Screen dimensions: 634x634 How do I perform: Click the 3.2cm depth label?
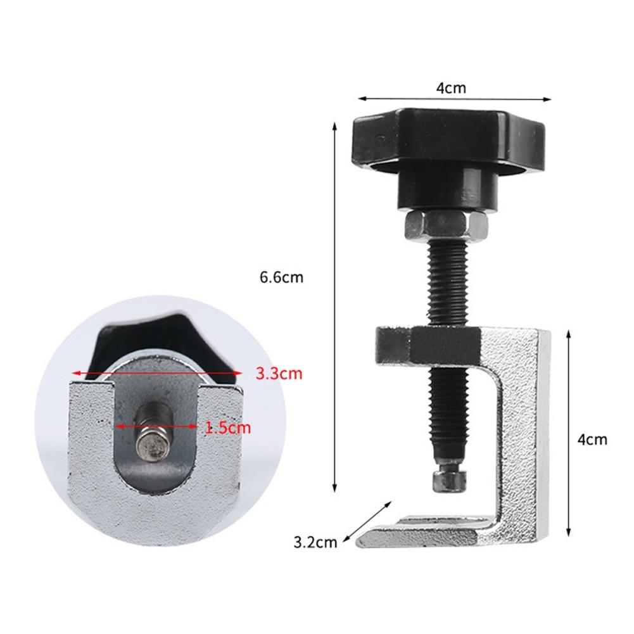(315, 542)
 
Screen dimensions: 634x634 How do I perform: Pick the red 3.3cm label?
(279, 374)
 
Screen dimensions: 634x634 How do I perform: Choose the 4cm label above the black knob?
(451, 88)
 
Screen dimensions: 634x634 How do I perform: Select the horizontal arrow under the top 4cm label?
(455, 98)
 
